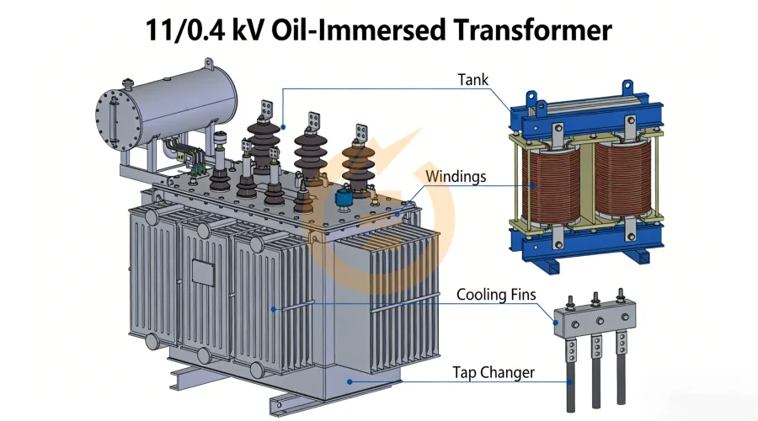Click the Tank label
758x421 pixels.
(472, 80)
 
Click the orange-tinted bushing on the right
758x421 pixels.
(357, 164)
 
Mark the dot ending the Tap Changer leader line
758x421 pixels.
(350, 381)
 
